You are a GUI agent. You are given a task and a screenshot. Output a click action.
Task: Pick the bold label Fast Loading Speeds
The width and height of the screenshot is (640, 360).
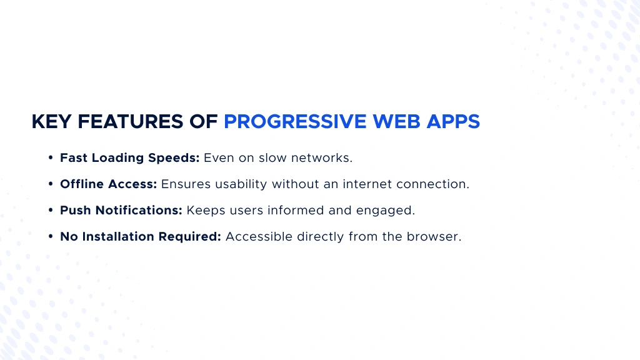(129, 158)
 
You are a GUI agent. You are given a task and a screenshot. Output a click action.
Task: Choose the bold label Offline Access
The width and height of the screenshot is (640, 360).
(108, 184)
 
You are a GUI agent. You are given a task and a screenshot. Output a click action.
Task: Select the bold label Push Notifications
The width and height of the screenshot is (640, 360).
(121, 211)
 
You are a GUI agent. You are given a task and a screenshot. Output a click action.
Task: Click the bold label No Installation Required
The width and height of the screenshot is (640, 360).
(140, 237)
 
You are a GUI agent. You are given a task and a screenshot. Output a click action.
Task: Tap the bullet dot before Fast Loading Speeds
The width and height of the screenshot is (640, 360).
(50, 158)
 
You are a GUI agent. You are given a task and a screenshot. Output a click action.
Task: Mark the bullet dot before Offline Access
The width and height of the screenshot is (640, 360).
(50, 184)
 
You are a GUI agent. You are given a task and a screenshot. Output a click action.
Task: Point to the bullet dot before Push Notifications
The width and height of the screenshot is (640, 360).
(50, 211)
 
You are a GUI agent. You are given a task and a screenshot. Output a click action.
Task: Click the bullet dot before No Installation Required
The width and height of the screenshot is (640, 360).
(50, 237)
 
